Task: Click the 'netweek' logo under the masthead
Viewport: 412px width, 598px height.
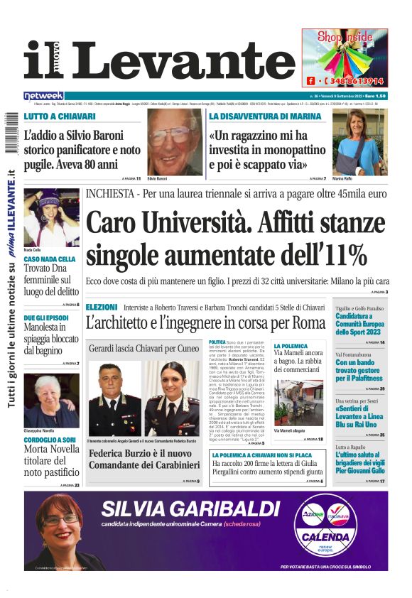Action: [44, 95]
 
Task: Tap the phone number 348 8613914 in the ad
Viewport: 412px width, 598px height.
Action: [354, 81]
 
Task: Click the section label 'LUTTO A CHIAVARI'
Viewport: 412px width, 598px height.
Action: [60, 116]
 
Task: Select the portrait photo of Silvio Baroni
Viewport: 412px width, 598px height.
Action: [175, 141]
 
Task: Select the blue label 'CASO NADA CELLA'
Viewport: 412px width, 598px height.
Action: [50, 260]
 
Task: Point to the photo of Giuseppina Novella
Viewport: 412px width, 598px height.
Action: [51, 400]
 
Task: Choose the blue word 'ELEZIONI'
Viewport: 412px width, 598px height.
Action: [101, 307]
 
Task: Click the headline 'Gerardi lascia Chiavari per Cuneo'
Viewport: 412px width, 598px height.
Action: [143, 348]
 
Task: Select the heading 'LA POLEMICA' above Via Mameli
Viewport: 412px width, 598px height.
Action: [291, 346]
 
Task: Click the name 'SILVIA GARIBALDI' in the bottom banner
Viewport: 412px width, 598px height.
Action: [190, 509]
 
